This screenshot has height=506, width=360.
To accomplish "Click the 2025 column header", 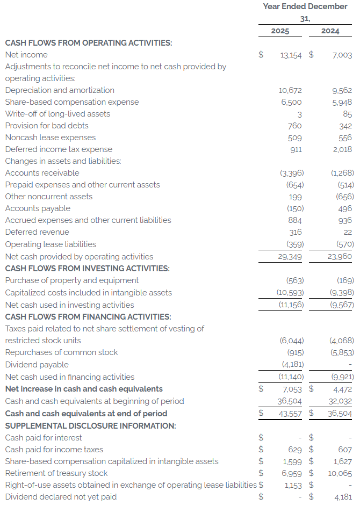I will pos(280,31).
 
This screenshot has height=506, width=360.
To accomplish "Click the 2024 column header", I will pos(330,31).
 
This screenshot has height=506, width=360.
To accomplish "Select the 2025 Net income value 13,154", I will pos(291,55).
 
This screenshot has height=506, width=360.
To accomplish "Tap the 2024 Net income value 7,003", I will pos(342,55).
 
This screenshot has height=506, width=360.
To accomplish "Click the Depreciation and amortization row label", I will pos(60,90).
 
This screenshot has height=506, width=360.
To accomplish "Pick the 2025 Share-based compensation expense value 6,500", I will pos(291,102).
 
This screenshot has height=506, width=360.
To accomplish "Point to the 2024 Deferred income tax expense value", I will pos(342,149).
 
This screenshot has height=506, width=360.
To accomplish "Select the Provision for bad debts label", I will pos(47,126).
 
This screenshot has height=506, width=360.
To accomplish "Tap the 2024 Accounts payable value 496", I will pos(345,208).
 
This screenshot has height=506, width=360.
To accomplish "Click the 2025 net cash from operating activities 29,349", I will pos(291,257).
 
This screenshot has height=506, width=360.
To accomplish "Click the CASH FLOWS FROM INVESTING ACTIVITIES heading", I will pos(87,269).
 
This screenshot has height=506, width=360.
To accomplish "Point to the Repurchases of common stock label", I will pos(61,352).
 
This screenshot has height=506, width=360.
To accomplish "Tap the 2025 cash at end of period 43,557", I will pos(291,414).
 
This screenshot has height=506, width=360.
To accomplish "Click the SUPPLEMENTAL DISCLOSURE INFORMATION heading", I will pos(90,425).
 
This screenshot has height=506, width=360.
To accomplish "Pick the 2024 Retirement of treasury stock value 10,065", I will pos(340,473).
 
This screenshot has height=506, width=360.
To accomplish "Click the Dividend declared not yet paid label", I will pos(61,497).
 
